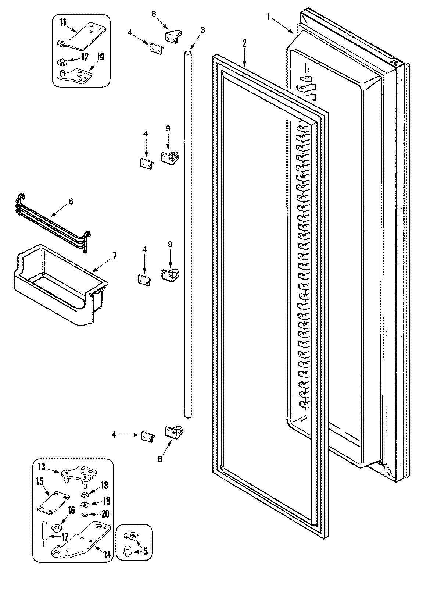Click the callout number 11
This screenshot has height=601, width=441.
click(63, 23)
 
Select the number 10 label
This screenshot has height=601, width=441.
click(100, 57)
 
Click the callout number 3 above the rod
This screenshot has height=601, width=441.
click(203, 30)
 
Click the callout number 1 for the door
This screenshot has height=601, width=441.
click(269, 17)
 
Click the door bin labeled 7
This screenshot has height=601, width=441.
click(55, 283)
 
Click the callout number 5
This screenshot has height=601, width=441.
click(146, 551)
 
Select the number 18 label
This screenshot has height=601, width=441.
click(104, 486)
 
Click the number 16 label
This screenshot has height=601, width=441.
click(71, 510)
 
